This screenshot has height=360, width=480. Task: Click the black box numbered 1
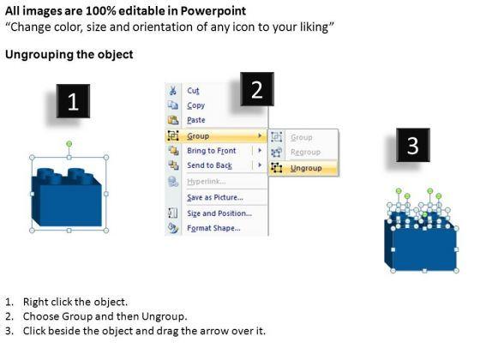tap(73, 101)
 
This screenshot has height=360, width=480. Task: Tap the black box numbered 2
tap(257, 89)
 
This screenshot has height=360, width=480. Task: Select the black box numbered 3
tap(413, 145)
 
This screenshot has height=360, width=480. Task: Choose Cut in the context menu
tap(193, 91)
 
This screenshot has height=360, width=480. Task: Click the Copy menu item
tap(196, 105)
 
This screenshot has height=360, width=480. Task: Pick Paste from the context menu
tap(196, 120)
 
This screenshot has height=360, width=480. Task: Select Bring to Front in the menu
tap(212, 151)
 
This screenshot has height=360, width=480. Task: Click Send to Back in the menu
tap(210, 165)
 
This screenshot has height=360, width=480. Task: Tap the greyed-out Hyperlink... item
tap(207, 182)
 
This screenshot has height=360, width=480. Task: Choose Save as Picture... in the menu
tap(215, 197)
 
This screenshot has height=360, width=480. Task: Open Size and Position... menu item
tap(219, 213)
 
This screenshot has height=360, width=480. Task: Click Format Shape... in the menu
tap(213, 228)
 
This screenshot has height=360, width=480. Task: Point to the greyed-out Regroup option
tap(305, 153)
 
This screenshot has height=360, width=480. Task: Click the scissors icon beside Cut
tap(173, 91)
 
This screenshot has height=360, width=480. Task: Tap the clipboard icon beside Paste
tap(173, 120)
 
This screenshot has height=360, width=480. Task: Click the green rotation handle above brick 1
tap(69, 144)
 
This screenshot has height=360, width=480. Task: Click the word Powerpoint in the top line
tap(213, 11)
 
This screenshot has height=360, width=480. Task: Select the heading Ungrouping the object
tap(69, 55)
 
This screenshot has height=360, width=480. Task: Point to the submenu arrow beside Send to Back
tap(260, 165)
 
